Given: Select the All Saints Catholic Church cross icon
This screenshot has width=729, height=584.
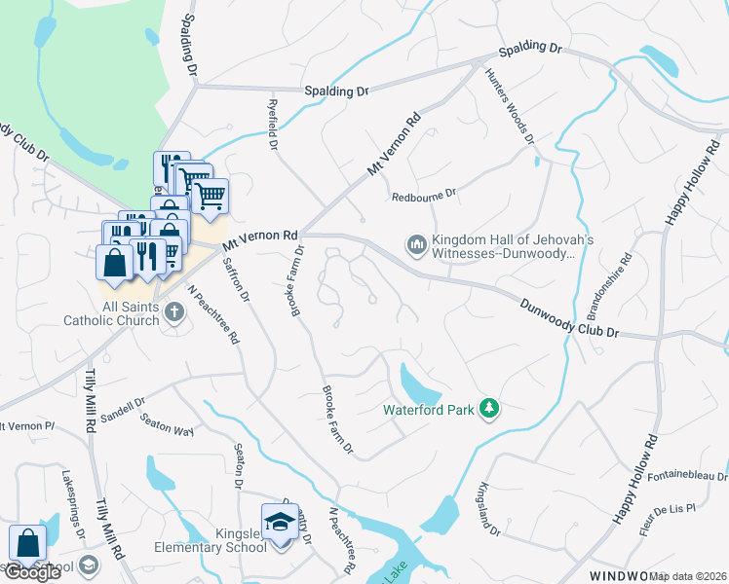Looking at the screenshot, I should pos(174,312).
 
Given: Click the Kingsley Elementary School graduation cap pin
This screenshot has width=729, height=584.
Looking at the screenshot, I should pos(280,522).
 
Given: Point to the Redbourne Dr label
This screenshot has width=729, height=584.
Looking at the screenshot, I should pos(424,196).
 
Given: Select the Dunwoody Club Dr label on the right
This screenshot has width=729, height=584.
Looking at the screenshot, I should pos(569,317).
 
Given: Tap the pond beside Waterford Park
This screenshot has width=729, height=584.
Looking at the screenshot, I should pos(420,382).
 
